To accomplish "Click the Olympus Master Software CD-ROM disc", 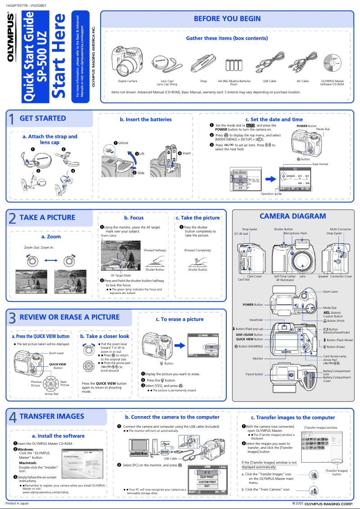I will click(x=333, y=64).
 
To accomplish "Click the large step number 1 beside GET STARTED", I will click(x=12, y=119).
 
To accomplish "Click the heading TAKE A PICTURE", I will click(x=47, y=217).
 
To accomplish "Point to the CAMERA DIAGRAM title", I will click(x=293, y=216).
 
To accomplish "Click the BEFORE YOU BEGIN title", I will click(x=227, y=18).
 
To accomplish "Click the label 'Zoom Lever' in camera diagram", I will click(x=331, y=292).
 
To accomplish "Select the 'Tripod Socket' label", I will click(x=254, y=374).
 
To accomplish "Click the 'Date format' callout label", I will click(x=320, y=164).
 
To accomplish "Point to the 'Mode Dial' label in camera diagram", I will click(x=330, y=307).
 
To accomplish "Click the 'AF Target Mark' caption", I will click(x=121, y=275).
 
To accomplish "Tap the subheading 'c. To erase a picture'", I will click(x=180, y=319).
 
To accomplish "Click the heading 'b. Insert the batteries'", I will click(x=145, y=119).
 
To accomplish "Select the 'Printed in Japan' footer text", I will click(x=17, y=503).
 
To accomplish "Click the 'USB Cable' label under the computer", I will click(x=170, y=458).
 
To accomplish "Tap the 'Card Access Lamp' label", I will click(x=337, y=356).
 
